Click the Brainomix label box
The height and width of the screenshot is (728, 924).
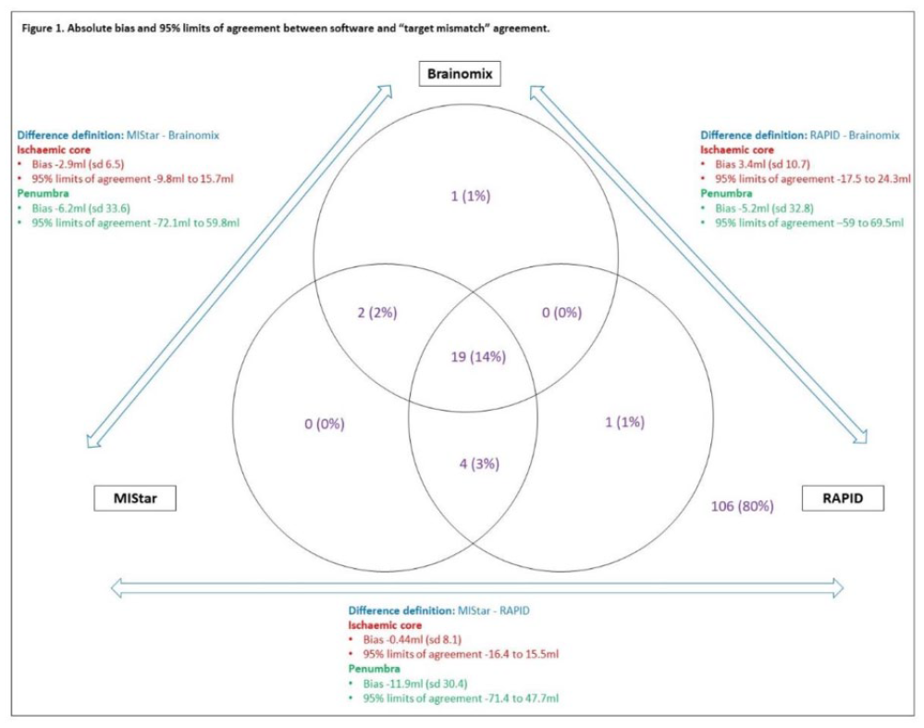(x=460, y=74)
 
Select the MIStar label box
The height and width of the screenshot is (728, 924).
(x=135, y=498)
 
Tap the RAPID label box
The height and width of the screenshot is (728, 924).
(x=843, y=498)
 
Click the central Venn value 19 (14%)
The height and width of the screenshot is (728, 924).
(x=478, y=357)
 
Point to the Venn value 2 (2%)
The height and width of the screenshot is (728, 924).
(x=377, y=313)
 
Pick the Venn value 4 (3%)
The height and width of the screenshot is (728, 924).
(x=479, y=464)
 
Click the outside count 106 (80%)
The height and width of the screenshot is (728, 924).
(x=742, y=506)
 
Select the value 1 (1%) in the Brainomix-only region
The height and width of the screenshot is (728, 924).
(x=470, y=196)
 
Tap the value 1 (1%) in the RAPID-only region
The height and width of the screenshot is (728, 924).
(x=624, y=422)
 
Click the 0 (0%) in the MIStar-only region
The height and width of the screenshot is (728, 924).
(x=324, y=424)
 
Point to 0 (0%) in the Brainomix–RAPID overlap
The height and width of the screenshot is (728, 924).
(x=561, y=313)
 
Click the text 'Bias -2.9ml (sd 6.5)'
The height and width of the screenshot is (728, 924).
(x=78, y=165)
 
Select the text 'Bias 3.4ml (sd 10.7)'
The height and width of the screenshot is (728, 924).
(x=762, y=165)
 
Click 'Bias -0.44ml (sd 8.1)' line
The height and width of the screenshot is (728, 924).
(x=412, y=639)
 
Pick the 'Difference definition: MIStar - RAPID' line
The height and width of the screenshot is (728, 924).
(x=438, y=611)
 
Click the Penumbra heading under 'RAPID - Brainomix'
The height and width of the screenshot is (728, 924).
(x=726, y=193)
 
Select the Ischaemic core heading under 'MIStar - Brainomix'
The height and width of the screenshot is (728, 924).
(x=54, y=150)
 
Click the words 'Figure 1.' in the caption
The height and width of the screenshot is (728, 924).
(x=43, y=29)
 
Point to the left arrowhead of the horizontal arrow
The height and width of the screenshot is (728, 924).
(x=117, y=587)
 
